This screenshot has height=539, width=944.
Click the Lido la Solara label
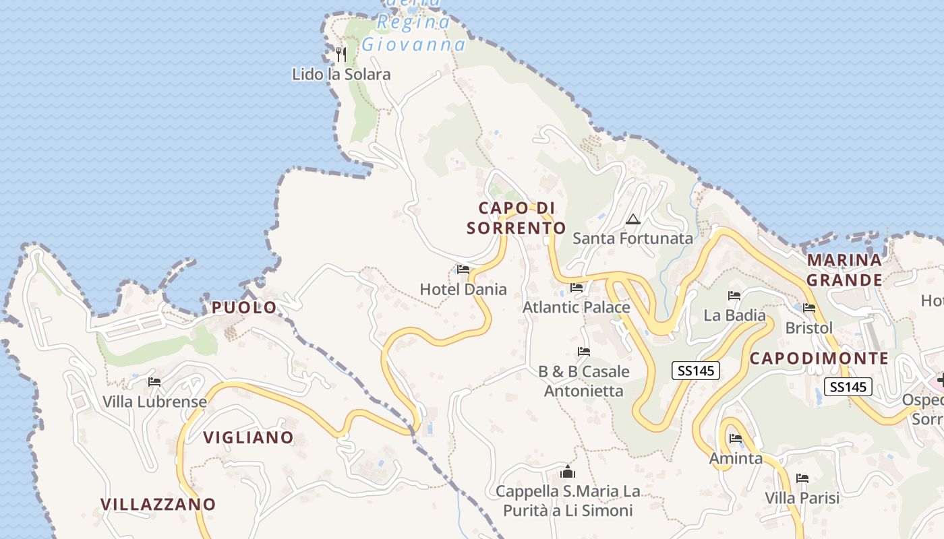[x=341, y=74]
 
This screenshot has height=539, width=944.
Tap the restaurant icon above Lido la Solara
[x=341, y=53]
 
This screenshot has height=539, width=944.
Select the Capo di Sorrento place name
[x=517, y=218]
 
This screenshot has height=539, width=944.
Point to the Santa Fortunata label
[x=632, y=238]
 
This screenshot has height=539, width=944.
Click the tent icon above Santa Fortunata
[x=632, y=219]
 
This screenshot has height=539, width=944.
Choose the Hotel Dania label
[x=463, y=289]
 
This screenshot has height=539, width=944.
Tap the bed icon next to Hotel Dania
[x=463, y=269]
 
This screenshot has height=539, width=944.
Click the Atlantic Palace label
[x=577, y=307]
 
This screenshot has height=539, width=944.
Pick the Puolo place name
[x=244, y=307]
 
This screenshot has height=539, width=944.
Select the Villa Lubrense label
[x=154, y=402]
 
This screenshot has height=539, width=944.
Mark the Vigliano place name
[x=248, y=437]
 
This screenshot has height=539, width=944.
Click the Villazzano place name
[x=158, y=504]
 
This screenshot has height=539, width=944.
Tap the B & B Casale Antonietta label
[x=584, y=381]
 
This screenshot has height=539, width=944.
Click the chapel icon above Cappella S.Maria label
[x=568, y=472]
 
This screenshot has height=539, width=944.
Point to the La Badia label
[x=734, y=315]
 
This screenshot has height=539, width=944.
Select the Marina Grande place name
[x=844, y=269]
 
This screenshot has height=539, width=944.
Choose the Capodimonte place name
[x=819, y=358]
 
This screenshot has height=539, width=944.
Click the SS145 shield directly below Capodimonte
[x=848, y=387]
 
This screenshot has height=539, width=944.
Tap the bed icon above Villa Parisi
[x=802, y=478]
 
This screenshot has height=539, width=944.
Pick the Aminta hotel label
[x=736, y=458]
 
